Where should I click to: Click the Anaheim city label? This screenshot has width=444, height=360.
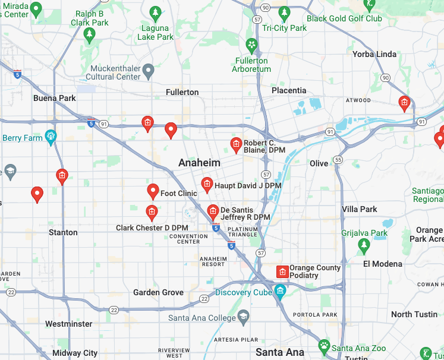[x=200, y=163]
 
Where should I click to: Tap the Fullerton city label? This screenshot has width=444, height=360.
[x=182, y=92]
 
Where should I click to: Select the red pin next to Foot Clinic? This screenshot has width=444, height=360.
[x=153, y=191]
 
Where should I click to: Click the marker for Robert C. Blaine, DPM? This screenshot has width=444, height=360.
[x=236, y=144]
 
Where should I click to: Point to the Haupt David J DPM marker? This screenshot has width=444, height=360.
[x=207, y=184]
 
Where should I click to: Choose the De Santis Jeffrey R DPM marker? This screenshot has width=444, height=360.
[x=213, y=211]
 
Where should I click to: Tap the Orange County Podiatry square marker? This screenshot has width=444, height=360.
[x=283, y=272]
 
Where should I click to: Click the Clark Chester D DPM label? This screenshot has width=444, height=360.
[x=152, y=228]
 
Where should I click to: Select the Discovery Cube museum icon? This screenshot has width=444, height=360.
[x=280, y=291]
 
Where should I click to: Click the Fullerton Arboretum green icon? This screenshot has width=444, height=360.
[x=252, y=45]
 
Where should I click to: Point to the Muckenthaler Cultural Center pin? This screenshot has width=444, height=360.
[x=149, y=71]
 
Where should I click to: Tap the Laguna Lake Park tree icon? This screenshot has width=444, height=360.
[x=156, y=12]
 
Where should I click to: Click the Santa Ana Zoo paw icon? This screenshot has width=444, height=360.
[x=324, y=345]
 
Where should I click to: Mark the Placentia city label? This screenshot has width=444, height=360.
[x=289, y=90]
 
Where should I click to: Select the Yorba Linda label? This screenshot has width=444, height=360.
[x=374, y=54]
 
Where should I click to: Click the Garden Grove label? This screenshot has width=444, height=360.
[x=158, y=292]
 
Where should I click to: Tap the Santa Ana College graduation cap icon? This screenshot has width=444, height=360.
[x=243, y=315]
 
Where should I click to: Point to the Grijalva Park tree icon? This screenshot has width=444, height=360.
[x=364, y=244]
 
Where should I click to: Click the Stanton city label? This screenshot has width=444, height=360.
[x=63, y=232]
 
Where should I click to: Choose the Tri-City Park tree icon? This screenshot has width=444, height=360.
[x=285, y=12]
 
